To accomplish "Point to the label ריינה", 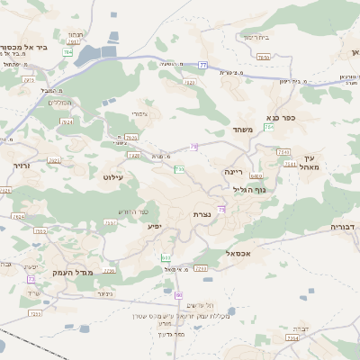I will click(234, 169).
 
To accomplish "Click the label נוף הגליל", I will click(251, 189).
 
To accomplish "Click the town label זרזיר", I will click(22, 166).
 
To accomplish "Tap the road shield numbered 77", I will click(203, 66).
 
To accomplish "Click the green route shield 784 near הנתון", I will click(67, 53).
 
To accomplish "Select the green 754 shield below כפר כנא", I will click(269, 128).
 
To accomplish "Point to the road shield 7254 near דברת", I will click(292, 338).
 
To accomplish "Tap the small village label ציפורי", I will click(146, 114).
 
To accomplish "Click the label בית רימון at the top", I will click(256, 37).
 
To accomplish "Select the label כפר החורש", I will click(131, 211).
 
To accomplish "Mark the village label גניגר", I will click(104, 293).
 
